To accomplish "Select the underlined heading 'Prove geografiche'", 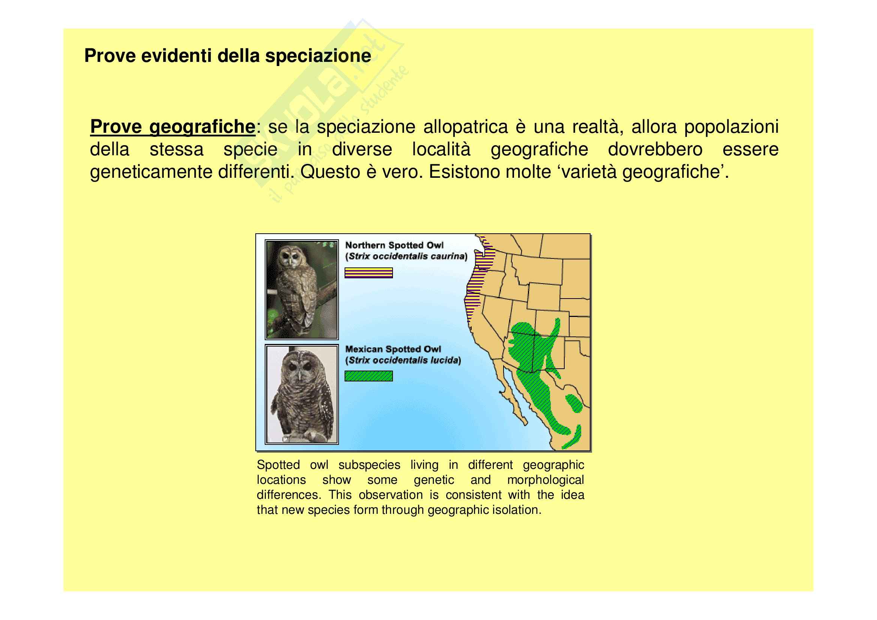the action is [172, 127].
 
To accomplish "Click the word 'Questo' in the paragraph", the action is [330, 172].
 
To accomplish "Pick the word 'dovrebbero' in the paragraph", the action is [655, 149].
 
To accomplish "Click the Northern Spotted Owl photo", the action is [302, 290].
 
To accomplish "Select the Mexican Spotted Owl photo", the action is [302, 394].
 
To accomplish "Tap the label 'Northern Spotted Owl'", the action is [394, 245].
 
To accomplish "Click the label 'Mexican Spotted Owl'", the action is [393, 349].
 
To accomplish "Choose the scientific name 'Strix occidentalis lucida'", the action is [403, 360].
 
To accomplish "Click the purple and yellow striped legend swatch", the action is [369, 273].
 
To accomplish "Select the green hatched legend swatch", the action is [369, 376].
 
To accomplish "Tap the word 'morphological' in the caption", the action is [546, 480].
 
